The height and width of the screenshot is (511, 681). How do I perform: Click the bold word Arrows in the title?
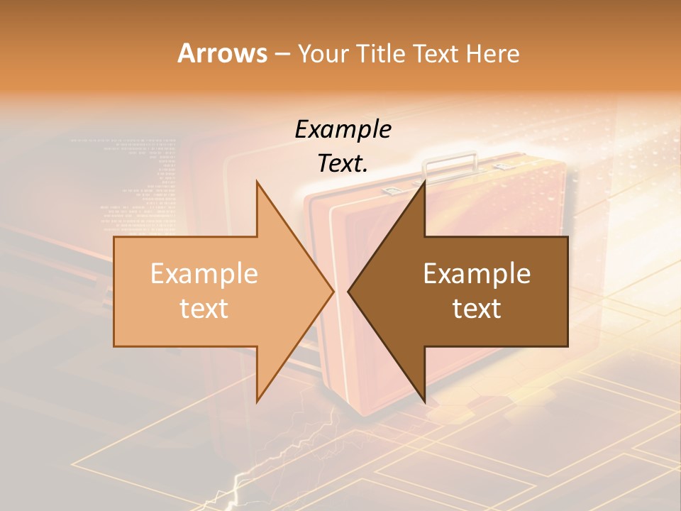(x=223, y=54)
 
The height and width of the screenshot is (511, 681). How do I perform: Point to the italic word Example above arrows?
(x=343, y=129)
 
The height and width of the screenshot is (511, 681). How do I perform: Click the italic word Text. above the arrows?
(x=343, y=164)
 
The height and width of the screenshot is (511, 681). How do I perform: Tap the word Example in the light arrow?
(x=204, y=274)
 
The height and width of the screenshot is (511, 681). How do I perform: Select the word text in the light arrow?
(x=204, y=309)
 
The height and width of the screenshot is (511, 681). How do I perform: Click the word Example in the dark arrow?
(x=477, y=274)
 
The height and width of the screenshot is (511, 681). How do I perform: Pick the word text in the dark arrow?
(x=477, y=309)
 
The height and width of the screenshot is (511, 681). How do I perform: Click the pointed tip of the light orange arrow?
(x=333, y=292)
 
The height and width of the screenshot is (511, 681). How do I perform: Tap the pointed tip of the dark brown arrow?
(x=348, y=292)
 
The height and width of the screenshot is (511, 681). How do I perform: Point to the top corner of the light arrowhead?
(x=257, y=181)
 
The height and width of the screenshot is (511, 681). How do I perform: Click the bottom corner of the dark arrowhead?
(x=425, y=402)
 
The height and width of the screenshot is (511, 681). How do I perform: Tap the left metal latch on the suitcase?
(x=392, y=189)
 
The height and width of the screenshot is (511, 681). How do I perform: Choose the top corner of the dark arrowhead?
(x=425, y=181)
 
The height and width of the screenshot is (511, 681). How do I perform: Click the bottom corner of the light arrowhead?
(x=257, y=402)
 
